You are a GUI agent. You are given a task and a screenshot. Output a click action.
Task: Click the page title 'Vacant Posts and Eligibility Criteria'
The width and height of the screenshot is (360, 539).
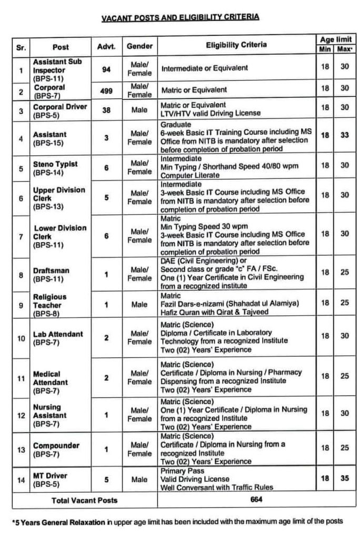click(180, 17)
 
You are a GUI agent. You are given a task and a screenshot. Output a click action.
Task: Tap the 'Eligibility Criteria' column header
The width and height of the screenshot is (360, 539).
click(236, 45)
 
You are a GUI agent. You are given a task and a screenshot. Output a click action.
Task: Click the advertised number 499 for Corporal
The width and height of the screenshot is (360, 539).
click(106, 90)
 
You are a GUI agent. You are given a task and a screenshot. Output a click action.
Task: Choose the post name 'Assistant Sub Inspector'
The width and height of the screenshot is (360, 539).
click(57, 66)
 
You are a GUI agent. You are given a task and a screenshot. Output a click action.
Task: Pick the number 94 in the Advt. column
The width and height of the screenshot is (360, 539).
click(106, 68)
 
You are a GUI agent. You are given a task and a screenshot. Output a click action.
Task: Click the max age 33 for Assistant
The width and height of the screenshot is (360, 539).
click(344, 135)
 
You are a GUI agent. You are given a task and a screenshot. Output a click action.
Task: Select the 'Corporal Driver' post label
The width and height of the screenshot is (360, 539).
click(59, 107)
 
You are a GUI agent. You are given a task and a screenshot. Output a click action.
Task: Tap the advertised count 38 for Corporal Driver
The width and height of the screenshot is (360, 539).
click(106, 110)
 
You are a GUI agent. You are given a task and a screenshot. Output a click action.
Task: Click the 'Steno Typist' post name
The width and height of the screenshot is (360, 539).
click(55, 164)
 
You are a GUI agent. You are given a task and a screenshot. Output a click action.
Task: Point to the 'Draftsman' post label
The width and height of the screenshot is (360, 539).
click(51, 270)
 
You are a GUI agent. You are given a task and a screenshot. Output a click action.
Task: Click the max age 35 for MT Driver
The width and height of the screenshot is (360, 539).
click(344, 480)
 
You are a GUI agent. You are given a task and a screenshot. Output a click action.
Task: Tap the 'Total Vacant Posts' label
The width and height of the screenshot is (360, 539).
click(85, 500)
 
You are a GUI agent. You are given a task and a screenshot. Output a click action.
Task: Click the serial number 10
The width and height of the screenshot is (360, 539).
click(21, 338)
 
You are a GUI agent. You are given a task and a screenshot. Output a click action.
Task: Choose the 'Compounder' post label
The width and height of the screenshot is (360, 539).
click(56, 445)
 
